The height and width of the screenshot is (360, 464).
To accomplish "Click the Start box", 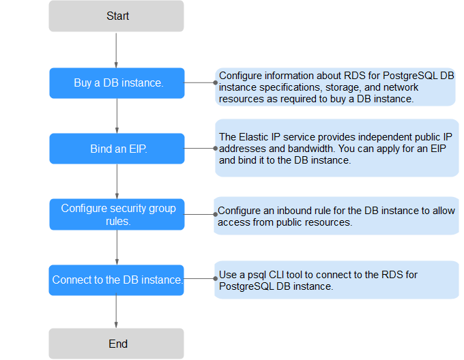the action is point(116,16).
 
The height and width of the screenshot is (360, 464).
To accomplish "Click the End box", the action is point(116,344).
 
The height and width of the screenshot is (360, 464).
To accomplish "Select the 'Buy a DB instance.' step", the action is point(117,83).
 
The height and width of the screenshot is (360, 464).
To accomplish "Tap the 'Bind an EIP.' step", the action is point(117,149).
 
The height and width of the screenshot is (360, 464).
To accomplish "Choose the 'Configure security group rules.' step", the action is point(117,214).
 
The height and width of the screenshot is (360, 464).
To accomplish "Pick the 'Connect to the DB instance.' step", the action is point(116,280).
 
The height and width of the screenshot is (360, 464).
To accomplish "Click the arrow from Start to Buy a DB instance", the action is point(116,50).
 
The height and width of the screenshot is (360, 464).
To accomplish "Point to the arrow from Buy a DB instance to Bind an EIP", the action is point(117,116).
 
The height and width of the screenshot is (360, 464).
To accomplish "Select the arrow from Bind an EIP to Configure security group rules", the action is point(117,181).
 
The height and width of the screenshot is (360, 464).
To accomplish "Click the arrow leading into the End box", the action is point(116,311).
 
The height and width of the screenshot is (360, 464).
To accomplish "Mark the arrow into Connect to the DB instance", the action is point(117,247).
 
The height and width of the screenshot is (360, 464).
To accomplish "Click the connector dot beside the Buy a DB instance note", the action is point(216,82).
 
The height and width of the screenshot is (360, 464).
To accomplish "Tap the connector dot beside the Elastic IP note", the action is point(216,149).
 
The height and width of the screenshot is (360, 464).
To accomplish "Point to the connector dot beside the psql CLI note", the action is point(216,278).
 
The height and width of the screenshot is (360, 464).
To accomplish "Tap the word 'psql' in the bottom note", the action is point(257,275).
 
